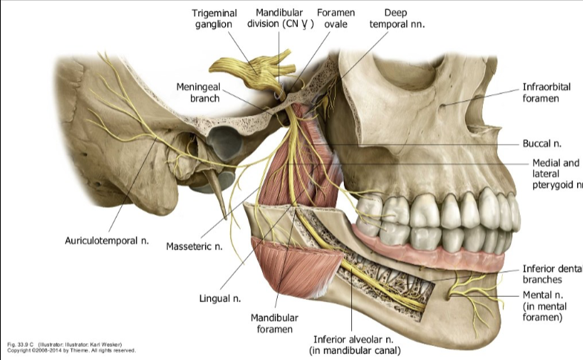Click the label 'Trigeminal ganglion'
tap(214, 19)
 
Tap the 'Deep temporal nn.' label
tap(397, 19)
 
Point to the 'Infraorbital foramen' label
tap(546, 92)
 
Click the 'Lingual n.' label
tap(221, 298)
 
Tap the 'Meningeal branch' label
tap(198, 92)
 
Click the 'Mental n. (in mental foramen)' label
tap(544, 306)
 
